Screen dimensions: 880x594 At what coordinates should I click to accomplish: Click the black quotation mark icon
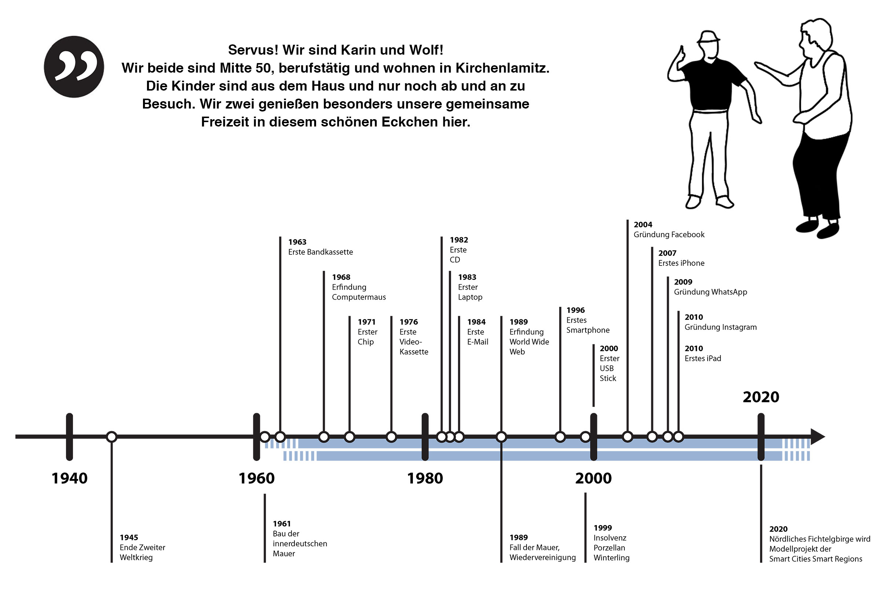[x=74, y=67]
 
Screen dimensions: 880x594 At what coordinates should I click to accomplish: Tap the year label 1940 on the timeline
[x=69, y=478]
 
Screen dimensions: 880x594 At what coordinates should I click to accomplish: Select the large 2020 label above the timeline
[x=761, y=397]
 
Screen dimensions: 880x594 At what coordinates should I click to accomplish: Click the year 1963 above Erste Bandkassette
[x=297, y=242]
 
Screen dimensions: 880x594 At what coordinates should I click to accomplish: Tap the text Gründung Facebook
[x=669, y=235]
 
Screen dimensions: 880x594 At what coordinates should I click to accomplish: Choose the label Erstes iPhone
[x=681, y=263]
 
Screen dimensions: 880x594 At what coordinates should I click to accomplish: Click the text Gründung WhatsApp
[x=710, y=292]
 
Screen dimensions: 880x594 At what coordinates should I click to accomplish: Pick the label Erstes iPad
[x=703, y=358]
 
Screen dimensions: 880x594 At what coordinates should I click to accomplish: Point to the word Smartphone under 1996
[x=588, y=330]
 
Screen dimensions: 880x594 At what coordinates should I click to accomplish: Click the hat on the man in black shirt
[x=708, y=37]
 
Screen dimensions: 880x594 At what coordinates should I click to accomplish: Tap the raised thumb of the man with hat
[x=682, y=52]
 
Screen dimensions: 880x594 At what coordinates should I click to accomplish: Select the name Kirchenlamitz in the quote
[x=502, y=68]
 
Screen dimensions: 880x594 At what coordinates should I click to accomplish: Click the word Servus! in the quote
[x=253, y=50]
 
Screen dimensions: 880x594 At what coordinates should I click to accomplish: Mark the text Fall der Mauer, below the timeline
[x=534, y=547]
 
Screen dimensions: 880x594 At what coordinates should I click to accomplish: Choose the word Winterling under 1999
[x=612, y=558]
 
